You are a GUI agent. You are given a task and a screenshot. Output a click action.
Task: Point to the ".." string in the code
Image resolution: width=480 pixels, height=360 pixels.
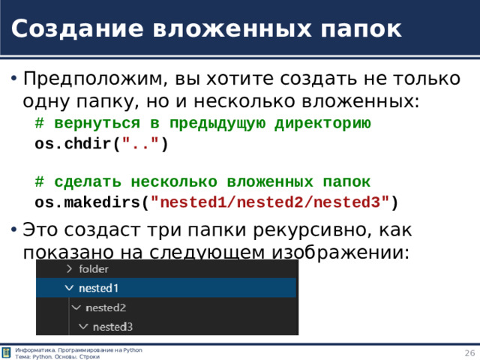[141, 144]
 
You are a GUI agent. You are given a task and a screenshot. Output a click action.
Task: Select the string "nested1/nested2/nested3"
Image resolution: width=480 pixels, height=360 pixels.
[270, 202]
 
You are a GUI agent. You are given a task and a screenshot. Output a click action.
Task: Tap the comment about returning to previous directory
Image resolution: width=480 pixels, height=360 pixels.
[202, 123]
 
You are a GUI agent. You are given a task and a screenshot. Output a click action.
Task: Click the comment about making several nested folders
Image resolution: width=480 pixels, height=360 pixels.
[202, 182]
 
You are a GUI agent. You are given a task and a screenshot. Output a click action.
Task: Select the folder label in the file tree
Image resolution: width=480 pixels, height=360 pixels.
[94, 268]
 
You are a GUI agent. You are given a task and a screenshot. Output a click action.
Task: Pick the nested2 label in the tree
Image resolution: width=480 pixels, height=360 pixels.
[106, 307]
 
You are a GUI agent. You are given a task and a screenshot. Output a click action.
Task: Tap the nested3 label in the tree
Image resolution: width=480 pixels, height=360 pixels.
[112, 326]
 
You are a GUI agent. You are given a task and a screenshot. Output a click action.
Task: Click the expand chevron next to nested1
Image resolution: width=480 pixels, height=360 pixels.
[69, 288]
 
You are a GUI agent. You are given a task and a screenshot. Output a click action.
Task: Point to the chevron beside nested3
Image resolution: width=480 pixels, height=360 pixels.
[83, 326]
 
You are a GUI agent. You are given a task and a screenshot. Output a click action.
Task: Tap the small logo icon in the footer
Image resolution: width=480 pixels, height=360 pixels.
[7, 353]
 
